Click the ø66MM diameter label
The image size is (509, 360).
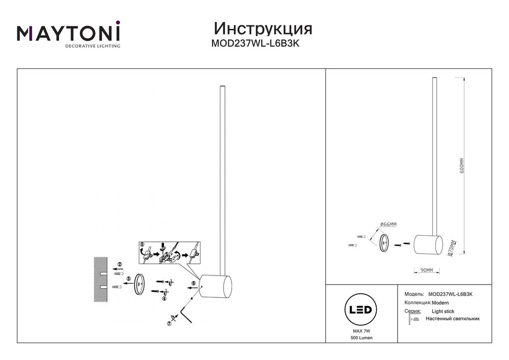click(388, 224)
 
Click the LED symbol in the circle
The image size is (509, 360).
click(361, 310)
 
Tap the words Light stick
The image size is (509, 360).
click(442, 311)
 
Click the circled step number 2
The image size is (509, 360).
click(120, 264)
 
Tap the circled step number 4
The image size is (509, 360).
click(164, 299)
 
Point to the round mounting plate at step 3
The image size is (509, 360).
click(139, 285)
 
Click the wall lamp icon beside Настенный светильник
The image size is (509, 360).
click(413, 319)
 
